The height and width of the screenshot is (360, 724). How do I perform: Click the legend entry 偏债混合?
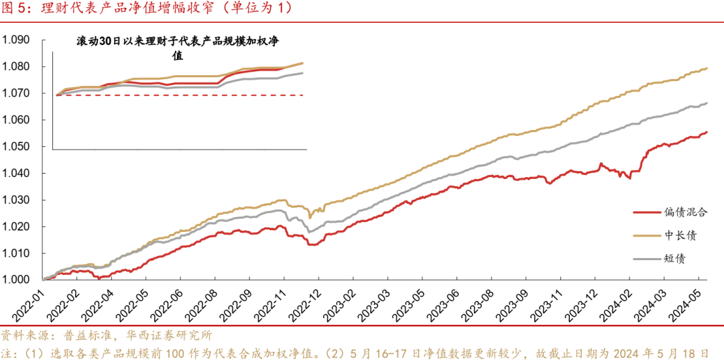[x=686, y=213]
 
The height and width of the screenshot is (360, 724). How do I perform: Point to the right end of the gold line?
[x=708, y=68]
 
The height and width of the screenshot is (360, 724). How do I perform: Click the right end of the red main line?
[x=707, y=132]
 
